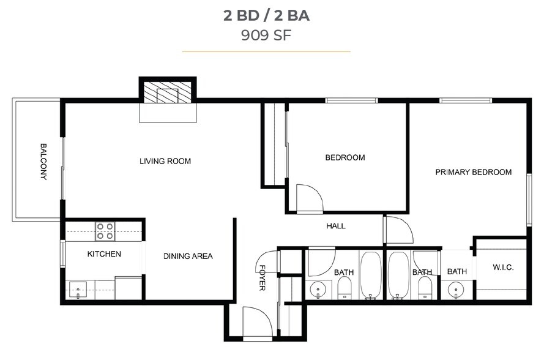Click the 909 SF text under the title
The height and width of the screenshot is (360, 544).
click(x=266, y=36)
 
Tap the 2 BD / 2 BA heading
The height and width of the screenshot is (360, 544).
click(x=266, y=15)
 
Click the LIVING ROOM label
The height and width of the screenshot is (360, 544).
click(x=165, y=162)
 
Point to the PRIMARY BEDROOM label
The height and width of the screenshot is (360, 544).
click(x=473, y=172)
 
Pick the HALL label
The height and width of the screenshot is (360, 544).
click(x=335, y=226)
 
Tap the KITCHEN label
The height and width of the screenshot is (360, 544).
click(x=104, y=254)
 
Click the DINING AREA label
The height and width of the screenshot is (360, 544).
click(x=188, y=256)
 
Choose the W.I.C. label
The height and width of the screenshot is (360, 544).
click(x=503, y=268)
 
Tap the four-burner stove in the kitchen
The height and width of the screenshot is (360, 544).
click(x=105, y=231)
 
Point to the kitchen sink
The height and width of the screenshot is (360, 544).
click(x=77, y=290)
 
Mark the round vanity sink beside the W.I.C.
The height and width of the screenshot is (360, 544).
click(x=455, y=289)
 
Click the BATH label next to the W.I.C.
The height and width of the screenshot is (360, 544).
click(x=456, y=272)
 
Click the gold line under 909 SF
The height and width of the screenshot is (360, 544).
click(x=266, y=52)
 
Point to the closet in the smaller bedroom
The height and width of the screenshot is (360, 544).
click(x=275, y=144)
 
